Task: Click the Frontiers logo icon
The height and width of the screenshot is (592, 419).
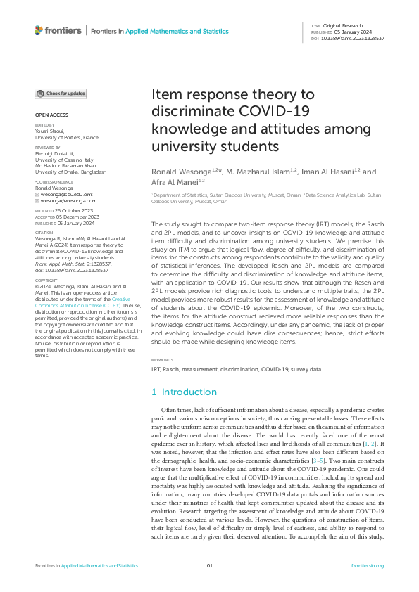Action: [39, 31]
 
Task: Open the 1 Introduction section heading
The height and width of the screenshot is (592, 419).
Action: [185, 392]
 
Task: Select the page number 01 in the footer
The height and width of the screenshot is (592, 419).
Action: [209, 565]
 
